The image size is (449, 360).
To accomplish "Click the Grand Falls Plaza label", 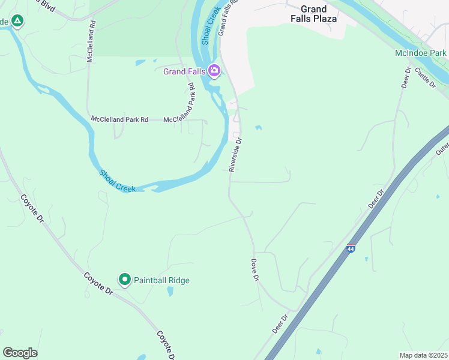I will [313, 14].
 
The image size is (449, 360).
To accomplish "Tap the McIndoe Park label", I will [420, 53].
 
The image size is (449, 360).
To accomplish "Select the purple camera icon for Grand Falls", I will [214, 71].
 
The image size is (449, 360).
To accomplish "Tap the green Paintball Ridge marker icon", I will [125, 280].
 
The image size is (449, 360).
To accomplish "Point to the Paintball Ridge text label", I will [161, 280].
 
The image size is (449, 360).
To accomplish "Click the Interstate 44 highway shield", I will [351, 248].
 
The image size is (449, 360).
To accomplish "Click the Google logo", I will [20, 353].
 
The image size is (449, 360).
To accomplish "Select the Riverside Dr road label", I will [235, 155].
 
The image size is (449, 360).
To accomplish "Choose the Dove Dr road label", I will [254, 270].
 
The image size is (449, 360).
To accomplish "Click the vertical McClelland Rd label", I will [91, 42].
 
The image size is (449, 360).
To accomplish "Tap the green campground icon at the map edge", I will [17, 22].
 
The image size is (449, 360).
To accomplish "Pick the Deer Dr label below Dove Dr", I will [280, 325].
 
